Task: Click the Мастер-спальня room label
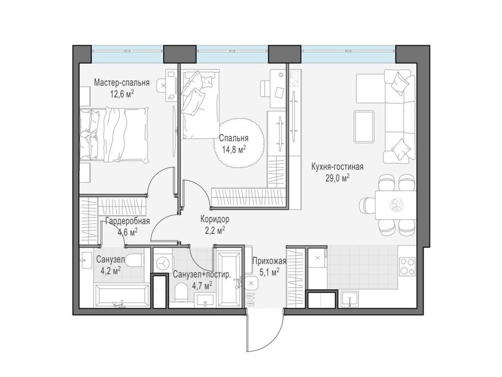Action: click(122, 82)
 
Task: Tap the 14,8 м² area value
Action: click(234, 149)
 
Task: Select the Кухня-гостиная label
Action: click(337, 167)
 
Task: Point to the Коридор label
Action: click(215, 219)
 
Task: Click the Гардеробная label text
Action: click(128, 221)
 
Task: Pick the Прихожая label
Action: click(269, 261)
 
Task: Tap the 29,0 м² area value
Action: click(337, 178)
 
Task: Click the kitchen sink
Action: click(350, 299)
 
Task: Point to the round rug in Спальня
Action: click(239, 143)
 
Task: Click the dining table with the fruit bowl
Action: click(396, 205)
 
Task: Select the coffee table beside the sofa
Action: click(364, 126)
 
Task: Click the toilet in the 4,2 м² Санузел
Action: click(134, 260)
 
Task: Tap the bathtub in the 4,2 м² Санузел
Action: click(122, 295)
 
